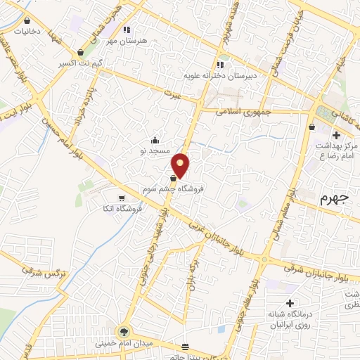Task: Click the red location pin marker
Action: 181,165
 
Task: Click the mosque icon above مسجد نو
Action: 155,139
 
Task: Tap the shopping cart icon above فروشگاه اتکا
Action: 123,198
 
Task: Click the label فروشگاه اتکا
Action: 123,209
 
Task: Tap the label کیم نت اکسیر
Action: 81,63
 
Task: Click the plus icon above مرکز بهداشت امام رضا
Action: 336,135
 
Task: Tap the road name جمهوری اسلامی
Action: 238,111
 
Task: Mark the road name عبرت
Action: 174,94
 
